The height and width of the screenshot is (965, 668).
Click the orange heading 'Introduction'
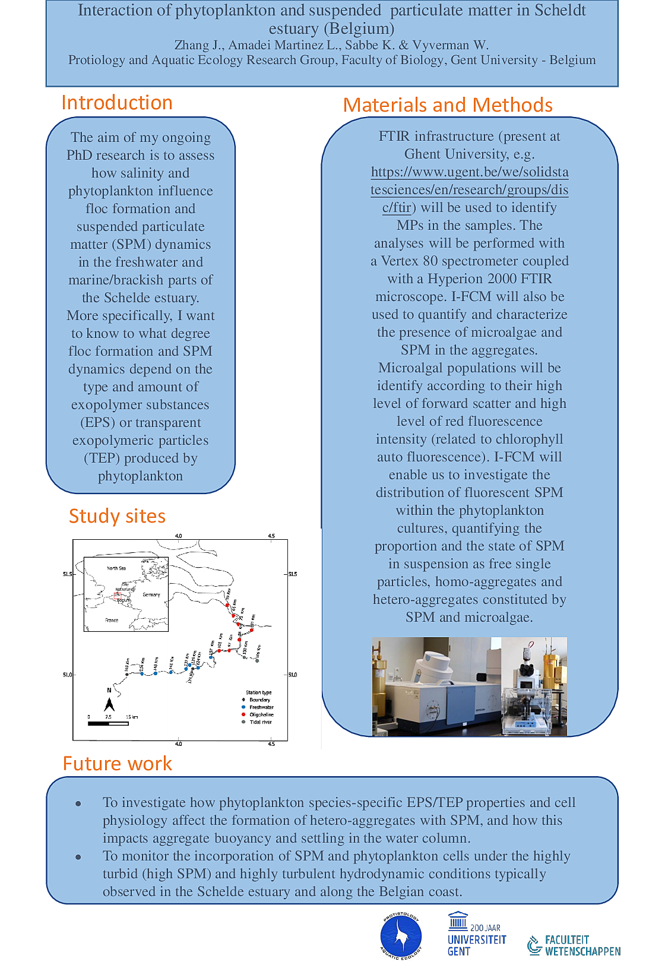point(117,103)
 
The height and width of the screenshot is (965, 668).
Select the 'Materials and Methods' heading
point(448,105)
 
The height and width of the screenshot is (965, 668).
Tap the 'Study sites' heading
point(117,516)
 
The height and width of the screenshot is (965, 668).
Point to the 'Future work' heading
point(117,763)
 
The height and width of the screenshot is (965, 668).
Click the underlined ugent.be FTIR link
point(469,189)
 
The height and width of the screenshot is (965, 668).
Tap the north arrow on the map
point(109,703)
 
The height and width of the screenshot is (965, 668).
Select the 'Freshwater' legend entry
point(261,707)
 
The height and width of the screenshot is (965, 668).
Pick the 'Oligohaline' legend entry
point(261,714)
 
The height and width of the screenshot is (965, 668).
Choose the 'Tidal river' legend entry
point(260,722)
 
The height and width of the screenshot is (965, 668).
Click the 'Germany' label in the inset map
point(151,594)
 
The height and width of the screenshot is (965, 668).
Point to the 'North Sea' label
point(116,568)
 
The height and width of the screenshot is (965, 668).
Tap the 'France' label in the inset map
point(112,620)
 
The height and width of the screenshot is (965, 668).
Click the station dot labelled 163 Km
point(126,675)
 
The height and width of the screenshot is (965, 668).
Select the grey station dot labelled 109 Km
point(257,660)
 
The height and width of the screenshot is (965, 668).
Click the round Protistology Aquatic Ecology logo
point(401,936)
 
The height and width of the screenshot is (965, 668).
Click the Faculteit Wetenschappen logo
point(574,945)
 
